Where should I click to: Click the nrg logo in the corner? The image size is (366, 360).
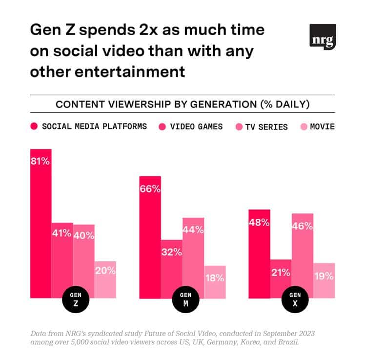pos(323,37)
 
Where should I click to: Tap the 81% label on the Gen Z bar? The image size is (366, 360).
pos(41,161)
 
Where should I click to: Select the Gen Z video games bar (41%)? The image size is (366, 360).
pos(62,259)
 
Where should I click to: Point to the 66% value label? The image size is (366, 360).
pos(150,189)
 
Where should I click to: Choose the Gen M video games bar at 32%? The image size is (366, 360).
pos(172,269)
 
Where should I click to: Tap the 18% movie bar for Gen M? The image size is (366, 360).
pos(215,282)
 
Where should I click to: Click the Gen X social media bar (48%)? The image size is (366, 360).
pos(259,254)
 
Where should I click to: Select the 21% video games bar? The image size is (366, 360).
pos(281,278)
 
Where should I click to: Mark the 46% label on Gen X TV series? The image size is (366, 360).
pos(302,226)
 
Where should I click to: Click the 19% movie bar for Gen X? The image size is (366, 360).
pos(324,280)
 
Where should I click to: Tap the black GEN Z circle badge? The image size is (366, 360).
pos(76,299)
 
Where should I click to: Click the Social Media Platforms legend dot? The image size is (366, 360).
pos(34,127)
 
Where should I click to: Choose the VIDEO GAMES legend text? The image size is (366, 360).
pos(196,127)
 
